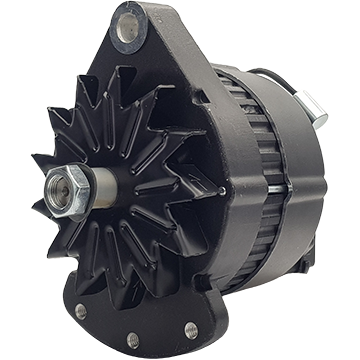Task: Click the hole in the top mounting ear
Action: tap(128, 28)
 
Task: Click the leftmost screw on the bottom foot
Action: tap(81, 311)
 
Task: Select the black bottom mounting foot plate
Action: tap(140, 320)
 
